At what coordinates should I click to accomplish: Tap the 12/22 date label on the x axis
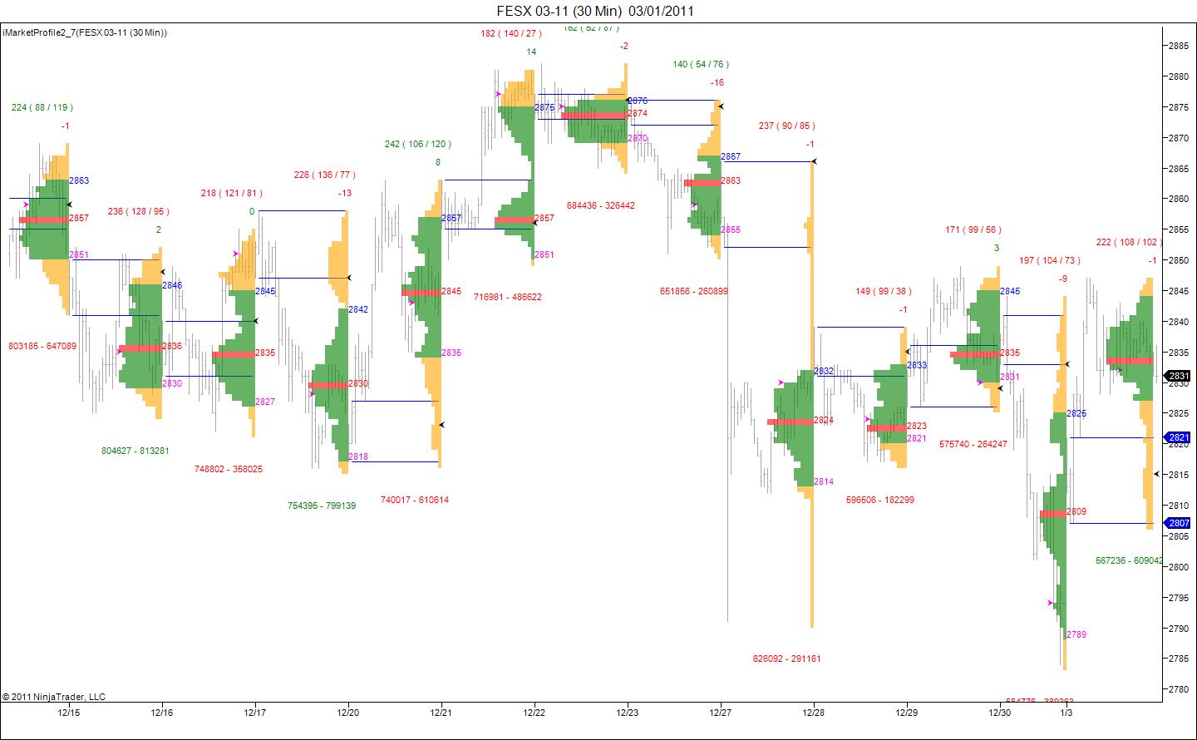click(534, 712)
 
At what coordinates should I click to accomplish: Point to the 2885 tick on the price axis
click(1178, 46)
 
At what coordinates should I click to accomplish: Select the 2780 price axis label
click(1178, 689)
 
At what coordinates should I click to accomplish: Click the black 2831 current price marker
click(1179, 376)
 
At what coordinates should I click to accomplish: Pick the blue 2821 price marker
click(1179, 437)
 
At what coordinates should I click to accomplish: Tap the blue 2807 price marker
click(1179, 523)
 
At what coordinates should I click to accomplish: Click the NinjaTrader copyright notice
click(54, 697)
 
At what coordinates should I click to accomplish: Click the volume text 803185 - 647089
click(42, 346)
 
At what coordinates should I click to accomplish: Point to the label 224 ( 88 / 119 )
click(42, 107)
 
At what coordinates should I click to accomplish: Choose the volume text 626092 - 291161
click(786, 659)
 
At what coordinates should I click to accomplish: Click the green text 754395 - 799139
click(322, 506)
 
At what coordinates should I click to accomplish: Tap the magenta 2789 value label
click(1076, 634)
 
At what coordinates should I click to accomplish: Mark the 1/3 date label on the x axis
click(1066, 712)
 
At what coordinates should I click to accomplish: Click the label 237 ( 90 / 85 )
click(786, 126)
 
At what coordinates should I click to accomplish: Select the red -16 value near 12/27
click(717, 82)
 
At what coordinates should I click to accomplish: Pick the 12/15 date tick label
click(69, 712)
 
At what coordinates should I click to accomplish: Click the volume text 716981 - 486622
click(508, 297)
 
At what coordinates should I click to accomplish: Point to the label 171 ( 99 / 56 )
click(973, 229)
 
